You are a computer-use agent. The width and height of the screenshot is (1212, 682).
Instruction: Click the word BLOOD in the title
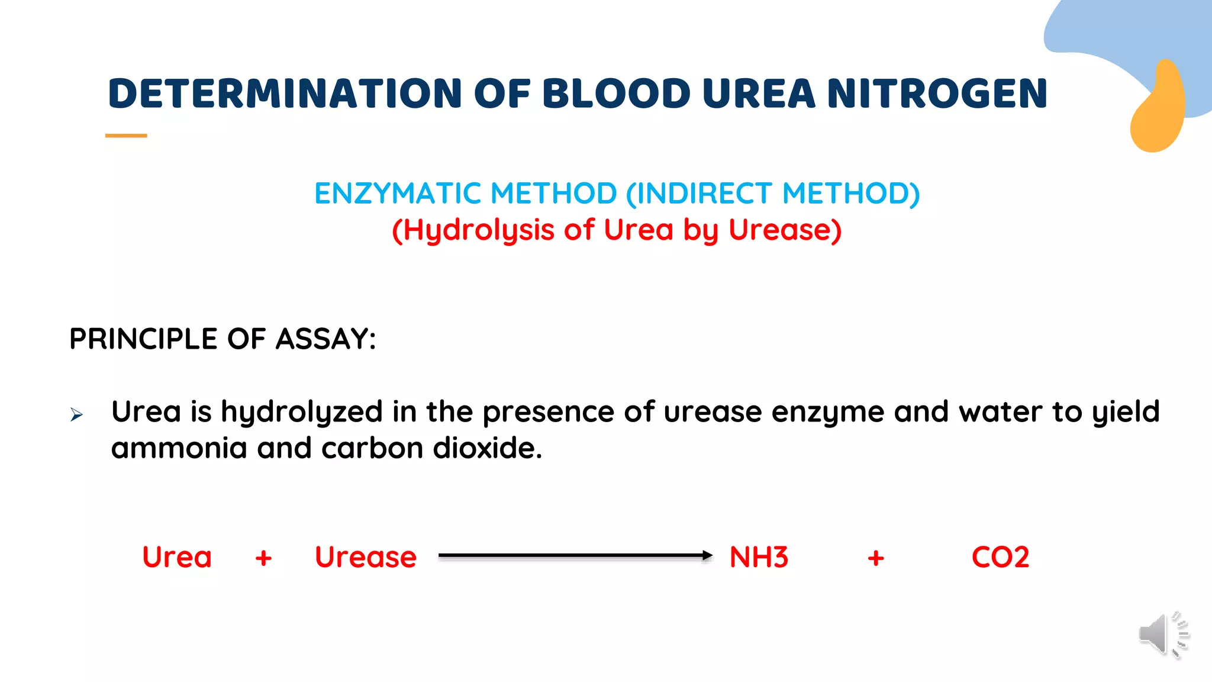[616, 94]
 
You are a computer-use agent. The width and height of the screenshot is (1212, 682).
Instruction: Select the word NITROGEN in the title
[937, 94]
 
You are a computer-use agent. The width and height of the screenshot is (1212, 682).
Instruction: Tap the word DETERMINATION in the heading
[285, 94]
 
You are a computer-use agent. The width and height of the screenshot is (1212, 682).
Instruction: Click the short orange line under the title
[126, 136]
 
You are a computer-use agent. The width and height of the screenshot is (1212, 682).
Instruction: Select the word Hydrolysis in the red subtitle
[479, 230]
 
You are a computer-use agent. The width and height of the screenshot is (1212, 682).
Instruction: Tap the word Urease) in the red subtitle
[785, 230]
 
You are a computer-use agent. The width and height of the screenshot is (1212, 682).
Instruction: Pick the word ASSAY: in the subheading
[325, 339]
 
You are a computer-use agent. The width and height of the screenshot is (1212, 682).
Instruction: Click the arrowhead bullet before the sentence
[76, 414]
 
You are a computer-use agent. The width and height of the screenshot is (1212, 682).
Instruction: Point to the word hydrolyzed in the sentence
[302, 412]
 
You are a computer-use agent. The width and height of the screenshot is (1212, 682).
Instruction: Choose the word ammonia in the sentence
[179, 448]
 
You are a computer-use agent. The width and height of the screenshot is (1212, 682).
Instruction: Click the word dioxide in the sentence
[487, 448]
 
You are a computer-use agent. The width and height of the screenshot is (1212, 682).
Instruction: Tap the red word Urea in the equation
[177, 557]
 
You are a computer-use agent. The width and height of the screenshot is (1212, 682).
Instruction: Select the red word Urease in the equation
[366, 557]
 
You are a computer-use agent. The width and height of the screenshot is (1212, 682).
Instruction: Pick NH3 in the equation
[759, 557]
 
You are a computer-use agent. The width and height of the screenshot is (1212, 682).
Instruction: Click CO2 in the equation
[1000, 557]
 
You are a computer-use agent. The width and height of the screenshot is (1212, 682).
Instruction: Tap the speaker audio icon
[1163, 635]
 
